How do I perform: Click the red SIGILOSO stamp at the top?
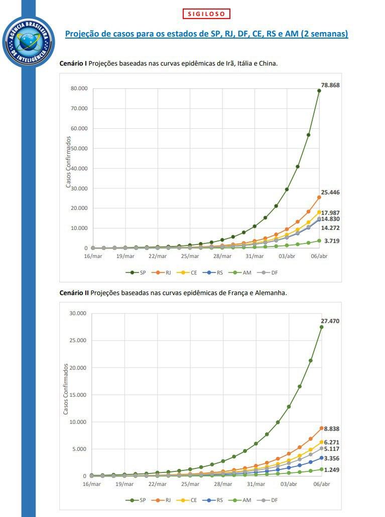(x=206, y=14)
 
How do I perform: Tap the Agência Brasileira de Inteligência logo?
(x=28, y=42)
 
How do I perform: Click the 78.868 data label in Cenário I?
(x=330, y=85)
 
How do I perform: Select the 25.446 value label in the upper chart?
(x=330, y=192)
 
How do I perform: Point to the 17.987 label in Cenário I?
(x=330, y=212)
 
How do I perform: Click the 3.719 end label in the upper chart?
(x=332, y=241)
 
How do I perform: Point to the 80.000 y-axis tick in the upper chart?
(x=79, y=89)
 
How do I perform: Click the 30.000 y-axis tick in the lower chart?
(x=78, y=314)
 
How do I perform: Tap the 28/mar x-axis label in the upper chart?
(x=222, y=256)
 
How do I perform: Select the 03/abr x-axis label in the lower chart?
(x=288, y=484)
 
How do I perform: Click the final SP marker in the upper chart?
(x=319, y=91)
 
